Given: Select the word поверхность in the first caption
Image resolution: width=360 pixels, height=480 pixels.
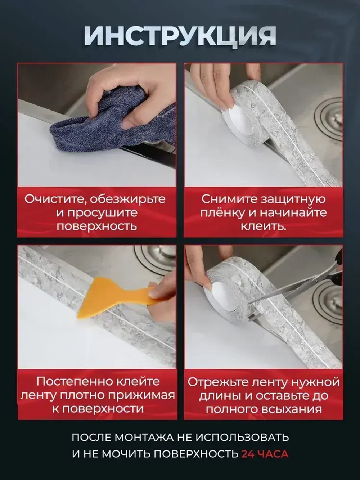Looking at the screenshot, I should [97, 226].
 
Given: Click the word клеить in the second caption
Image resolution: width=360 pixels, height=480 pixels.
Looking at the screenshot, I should [262, 226].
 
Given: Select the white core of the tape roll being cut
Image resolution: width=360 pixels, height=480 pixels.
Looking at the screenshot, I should [220, 290].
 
